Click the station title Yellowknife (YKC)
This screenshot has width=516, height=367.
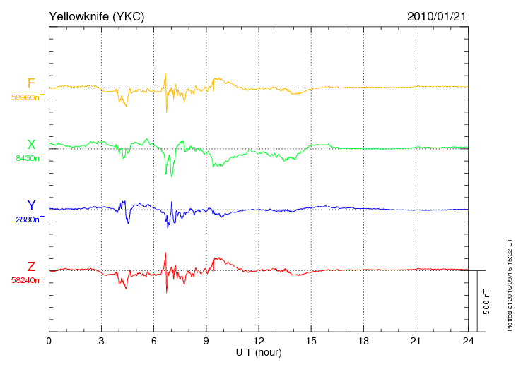click(x=96, y=16)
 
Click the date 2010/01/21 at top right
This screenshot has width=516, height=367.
click(x=436, y=16)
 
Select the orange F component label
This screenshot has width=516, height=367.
click(x=31, y=83)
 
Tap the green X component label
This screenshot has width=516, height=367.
click(x=31, y=144)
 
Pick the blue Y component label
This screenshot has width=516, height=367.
click(x=31, y=205)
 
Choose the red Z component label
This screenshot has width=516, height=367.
click(x=31, y=266)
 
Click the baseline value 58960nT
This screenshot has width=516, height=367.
click(x=28, y=97)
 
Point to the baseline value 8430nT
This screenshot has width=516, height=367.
click(x=30, y=158)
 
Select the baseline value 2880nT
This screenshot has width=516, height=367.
click(x=30, y=219)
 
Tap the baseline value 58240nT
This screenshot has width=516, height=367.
click(x=28, y=280)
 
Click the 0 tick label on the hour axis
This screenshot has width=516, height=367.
click(x=49, y=341)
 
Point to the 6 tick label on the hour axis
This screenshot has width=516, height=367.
click(x=153, y=341)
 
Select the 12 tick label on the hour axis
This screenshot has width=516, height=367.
click(x=259, y=341)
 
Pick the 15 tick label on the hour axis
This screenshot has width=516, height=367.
click(x=311, y=341)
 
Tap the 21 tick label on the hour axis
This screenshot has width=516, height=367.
click(x=416, y=341)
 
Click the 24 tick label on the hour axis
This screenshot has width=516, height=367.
click(x=468, y=341)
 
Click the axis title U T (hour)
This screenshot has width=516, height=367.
click(x=259, y=353)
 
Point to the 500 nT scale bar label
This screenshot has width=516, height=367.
click(x=487, y=301)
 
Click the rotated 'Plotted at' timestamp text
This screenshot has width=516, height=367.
click(x=510, y=284)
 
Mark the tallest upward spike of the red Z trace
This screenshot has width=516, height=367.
click(x=165, y=253)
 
